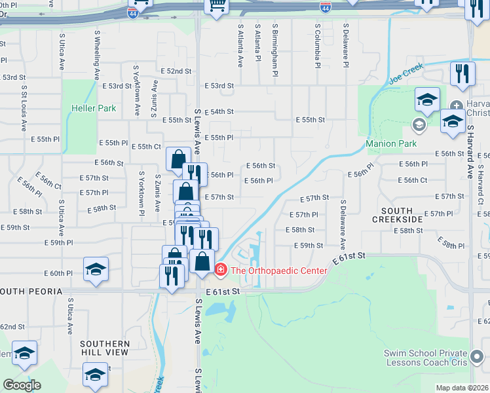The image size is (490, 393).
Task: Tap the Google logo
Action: pos(22,385)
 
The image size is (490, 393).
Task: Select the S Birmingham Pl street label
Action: pos(276,47)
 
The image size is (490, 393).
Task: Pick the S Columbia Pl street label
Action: pos(317,47)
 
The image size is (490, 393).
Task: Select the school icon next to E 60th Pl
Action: pos(96,269)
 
